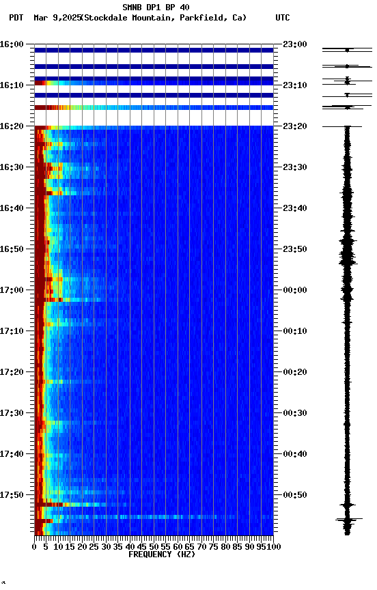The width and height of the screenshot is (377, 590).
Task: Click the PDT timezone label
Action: click(x=16, y=18)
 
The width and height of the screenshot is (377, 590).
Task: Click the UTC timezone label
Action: click(x=283, y=18)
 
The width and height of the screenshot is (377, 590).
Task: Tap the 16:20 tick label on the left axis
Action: click(x=13, y=126)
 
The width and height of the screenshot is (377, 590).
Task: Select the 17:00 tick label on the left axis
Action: click(x=13, y=290)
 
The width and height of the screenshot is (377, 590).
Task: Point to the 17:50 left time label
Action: click(x=13, y=495)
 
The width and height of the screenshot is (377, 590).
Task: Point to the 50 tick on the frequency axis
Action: click(x=154, y=546)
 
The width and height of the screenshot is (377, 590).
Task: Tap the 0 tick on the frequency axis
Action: click(x=35, y=546)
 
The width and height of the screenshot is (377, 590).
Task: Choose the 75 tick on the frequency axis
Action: click(x=214, y=546)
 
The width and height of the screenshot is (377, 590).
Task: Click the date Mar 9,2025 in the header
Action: click(x=57, y=18)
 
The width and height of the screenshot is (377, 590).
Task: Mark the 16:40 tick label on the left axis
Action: click(x=13, y=208)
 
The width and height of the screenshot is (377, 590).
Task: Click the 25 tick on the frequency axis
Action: click(x=94, y=546)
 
